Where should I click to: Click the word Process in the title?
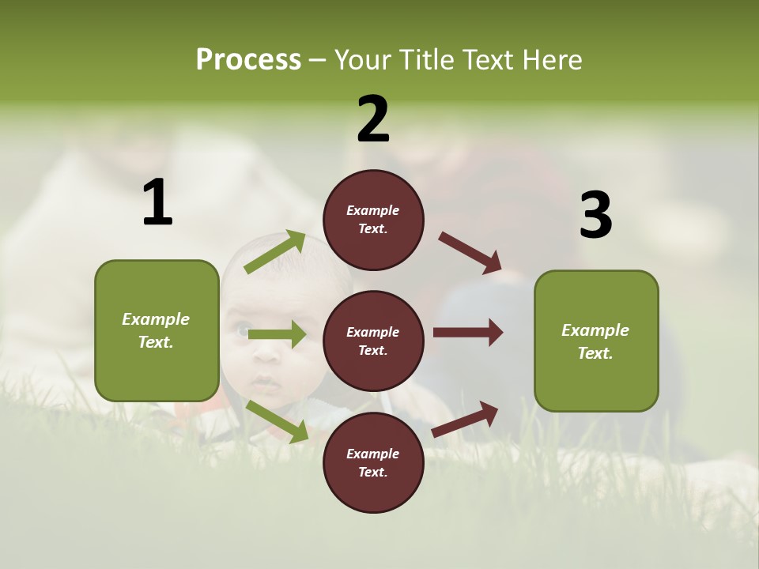click(248, 60)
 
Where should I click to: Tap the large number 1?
click(157, 202)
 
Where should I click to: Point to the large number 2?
click(373, 119)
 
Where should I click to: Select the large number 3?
click(595, 215)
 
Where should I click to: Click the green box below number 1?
click(157, 330)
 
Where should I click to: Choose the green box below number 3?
click(596, 341)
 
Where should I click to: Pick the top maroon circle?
click(373, 220)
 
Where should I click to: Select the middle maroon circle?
click(373, 341)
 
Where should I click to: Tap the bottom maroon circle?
click(373, 462)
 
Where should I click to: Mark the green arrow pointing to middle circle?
click(277, 335)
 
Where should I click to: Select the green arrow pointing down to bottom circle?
click(277, 421)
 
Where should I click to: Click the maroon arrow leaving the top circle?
click(470, 254)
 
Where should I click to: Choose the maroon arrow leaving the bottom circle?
click(465, 419)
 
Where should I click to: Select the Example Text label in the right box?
click(595, 341)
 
